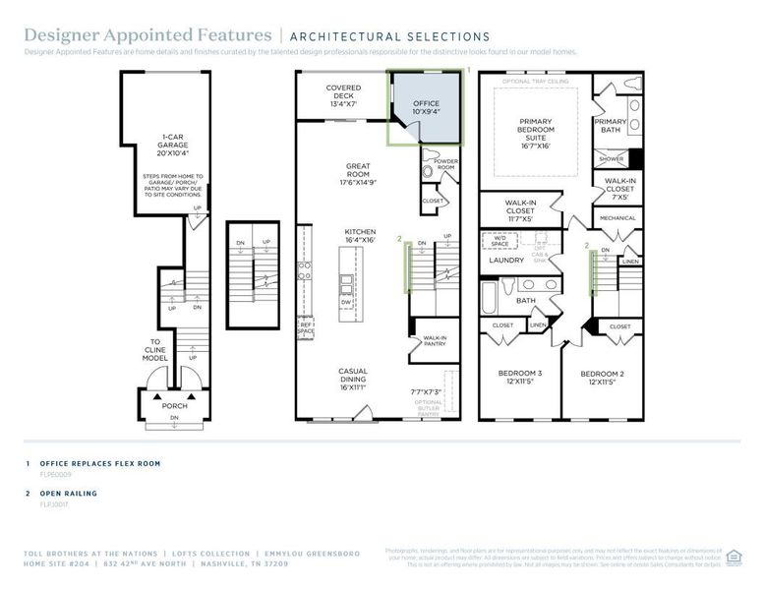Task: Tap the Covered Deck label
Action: click(343, 95)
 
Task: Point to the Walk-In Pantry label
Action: click(435, 340)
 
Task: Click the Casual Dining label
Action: click(353, 379)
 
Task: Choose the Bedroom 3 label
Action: click(519, 378)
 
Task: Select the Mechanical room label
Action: click(617, 218)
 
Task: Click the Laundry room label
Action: click(506, 260)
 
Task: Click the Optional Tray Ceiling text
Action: click(535, 81)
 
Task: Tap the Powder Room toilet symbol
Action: click(427, 171)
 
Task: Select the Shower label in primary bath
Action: click(612, 158)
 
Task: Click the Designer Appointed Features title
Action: click(147, 36)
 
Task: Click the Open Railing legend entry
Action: click(68, 493)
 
